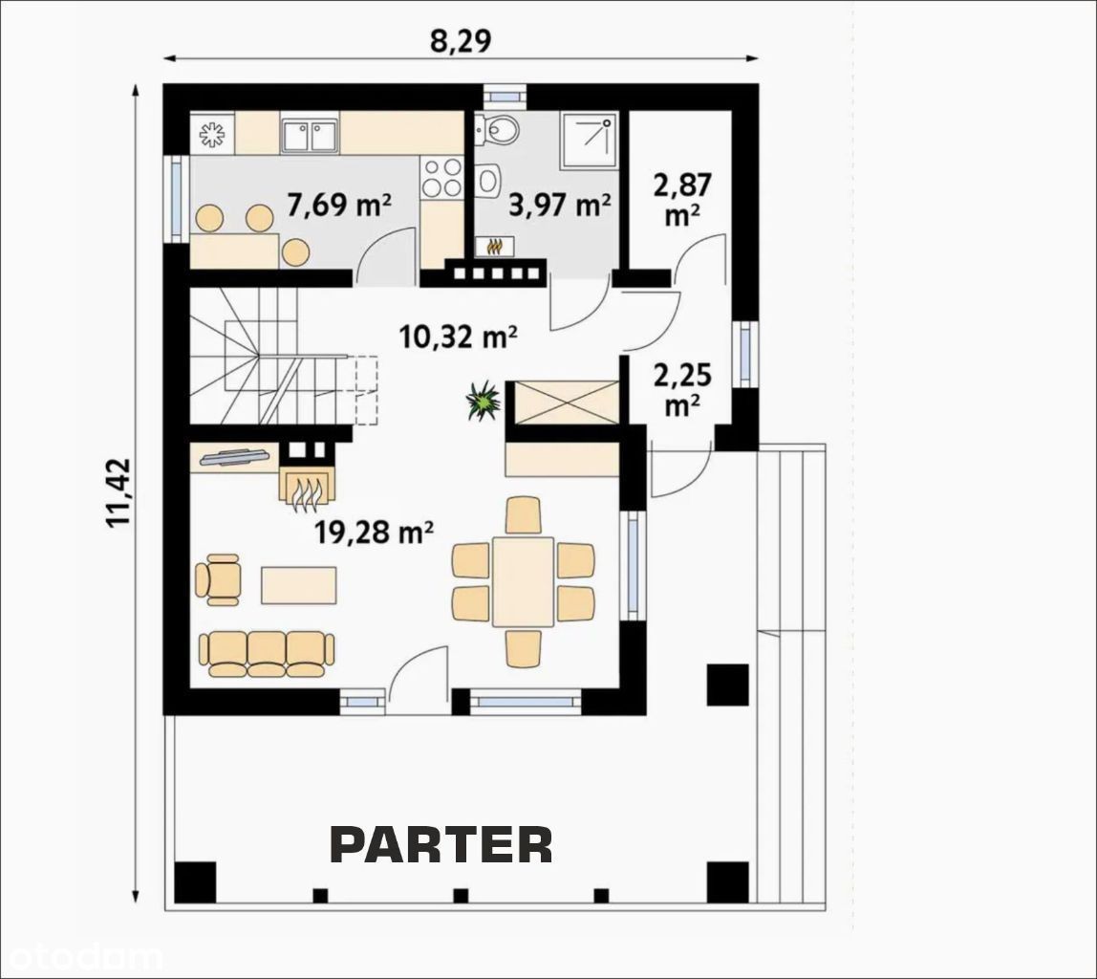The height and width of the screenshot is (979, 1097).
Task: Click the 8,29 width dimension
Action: (461, 41)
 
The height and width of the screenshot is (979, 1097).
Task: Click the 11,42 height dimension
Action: (118, 492)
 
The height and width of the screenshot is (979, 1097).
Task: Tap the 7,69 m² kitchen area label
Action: (339, 205)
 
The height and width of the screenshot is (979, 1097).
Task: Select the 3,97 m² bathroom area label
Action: (559, 205)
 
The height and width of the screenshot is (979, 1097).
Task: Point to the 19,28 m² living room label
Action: (374, 533)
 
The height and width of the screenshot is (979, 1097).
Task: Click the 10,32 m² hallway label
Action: (459, 337)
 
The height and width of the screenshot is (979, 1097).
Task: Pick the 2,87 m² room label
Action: (682, 200)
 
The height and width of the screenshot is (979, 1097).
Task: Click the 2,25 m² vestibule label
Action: (682, 389)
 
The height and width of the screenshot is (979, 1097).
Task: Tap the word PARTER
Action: (441, 844)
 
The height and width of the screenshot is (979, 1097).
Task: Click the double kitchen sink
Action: (310, 135)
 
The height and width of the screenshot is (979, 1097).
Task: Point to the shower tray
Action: (589, 141)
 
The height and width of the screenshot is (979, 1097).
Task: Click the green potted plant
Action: (484, 401)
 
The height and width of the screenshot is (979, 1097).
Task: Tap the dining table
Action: (523, 581)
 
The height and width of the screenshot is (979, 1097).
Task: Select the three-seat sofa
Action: (267, 654)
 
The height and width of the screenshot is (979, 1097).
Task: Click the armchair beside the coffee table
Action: (218, 579)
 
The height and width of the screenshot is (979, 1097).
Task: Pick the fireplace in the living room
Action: (308, 484)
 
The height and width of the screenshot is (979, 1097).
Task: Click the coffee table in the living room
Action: (299, 585)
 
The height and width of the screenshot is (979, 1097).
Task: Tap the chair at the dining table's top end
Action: (523, 515)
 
